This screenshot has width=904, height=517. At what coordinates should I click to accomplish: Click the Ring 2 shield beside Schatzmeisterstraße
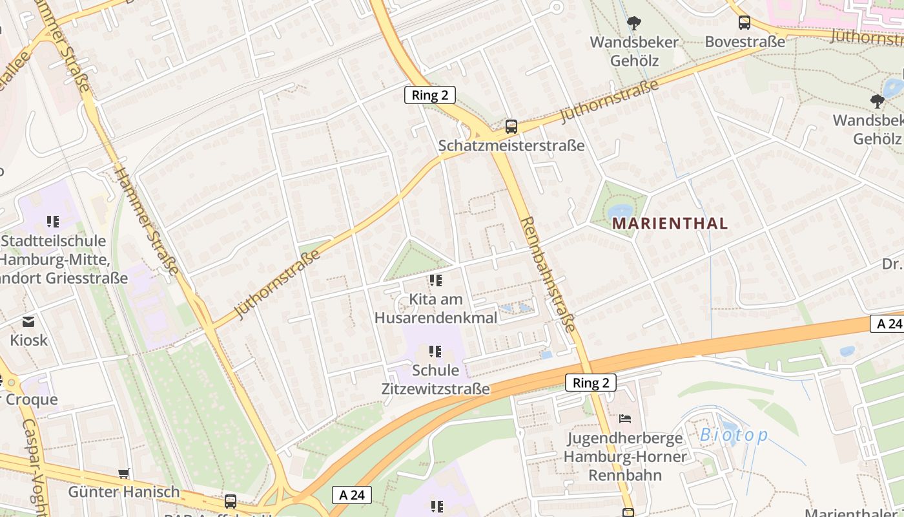point(430,96)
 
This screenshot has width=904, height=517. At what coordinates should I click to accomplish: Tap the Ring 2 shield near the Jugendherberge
point(591,383)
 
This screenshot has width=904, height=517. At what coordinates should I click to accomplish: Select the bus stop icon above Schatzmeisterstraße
point(511,127)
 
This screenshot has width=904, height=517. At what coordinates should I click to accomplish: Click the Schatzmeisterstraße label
point(511,145)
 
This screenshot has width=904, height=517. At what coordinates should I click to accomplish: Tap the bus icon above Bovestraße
point(745,23)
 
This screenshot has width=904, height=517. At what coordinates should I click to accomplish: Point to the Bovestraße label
point(745,42)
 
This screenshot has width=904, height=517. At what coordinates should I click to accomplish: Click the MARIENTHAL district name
point(670,224)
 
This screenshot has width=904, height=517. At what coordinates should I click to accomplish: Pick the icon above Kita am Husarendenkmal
point(436,280)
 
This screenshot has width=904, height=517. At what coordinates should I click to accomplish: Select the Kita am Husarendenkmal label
point(436,309)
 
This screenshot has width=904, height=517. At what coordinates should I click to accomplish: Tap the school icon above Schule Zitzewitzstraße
point(436,352)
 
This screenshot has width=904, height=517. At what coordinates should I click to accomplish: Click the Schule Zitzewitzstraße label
point(436,379)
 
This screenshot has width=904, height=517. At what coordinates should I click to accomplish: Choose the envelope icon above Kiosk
point(28,321)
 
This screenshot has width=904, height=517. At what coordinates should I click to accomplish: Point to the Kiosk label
point(28,340)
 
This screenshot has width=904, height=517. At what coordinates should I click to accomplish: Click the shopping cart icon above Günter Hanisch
point(124,473)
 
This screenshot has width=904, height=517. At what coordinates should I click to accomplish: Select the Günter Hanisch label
point(124,492)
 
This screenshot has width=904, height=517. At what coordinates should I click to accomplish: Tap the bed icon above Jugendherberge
point(624,419)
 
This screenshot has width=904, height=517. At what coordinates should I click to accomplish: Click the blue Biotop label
point(734,436)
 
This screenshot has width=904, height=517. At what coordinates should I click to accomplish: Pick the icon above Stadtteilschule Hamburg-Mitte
point(53,222)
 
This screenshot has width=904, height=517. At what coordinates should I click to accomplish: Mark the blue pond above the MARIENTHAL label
point(621,212)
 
